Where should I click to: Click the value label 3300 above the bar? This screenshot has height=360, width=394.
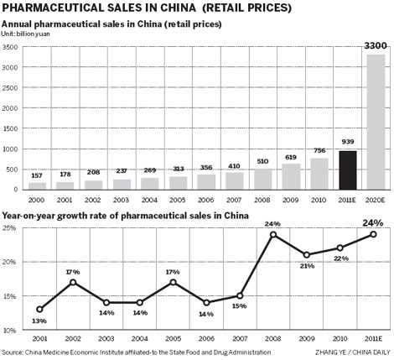[x=376, y=44]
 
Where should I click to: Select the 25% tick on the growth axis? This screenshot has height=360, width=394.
[x=10, y=228]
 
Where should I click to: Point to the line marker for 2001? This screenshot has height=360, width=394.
[x=39, y=310]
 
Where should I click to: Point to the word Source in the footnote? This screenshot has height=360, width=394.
[x=13, y=353]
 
